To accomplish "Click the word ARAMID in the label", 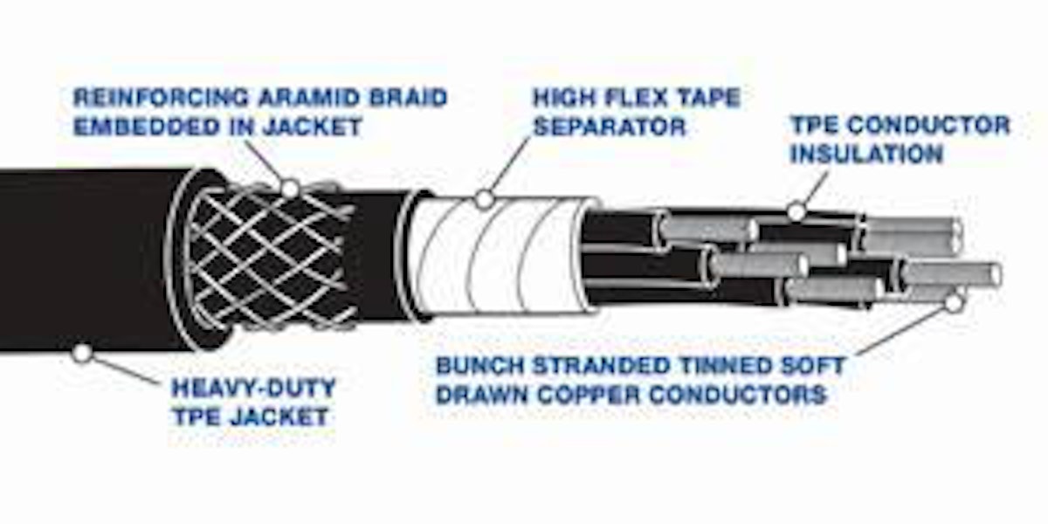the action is [x=311, y=98].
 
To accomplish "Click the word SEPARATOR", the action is [x=610, y=127].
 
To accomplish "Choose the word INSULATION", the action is [x=866, y=154].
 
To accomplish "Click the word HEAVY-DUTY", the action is [x=253, y=388].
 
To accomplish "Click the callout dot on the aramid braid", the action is [x=291, y=189].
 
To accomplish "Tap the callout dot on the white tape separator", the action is [x=485, y=200].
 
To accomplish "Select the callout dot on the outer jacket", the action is [x=82, y=353].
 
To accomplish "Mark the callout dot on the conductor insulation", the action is [x=796, y=212].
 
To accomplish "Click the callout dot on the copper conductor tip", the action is [x=953, y=303].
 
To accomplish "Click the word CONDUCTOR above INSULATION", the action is [x=928, y=126].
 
